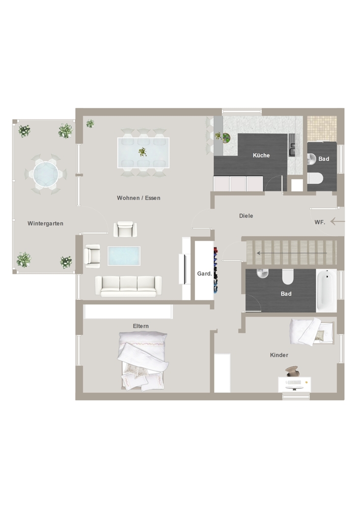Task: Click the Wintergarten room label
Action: [x=45, y=223]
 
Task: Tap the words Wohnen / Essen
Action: [x=139, y=198]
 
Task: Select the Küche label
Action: [x=261, y=155]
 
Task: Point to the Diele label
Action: [x=246, y=216]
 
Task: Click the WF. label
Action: [x=320, y=222]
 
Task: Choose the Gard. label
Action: [x=205, y=274]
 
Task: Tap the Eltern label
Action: [x=141, y=326]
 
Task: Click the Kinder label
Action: [x=279, y=355]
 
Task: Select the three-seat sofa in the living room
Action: [x=128, y=286]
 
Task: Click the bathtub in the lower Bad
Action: [x=326, y=291]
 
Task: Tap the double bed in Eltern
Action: [x=143, y=360]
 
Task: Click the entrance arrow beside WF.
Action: [x=338, y=221]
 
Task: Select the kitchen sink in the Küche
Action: [x=292, y=149]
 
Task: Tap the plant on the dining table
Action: [x=143, y=152]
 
